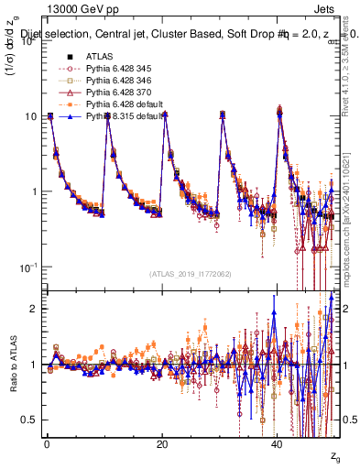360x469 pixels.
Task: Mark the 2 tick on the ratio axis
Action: [x=34, y=309]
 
